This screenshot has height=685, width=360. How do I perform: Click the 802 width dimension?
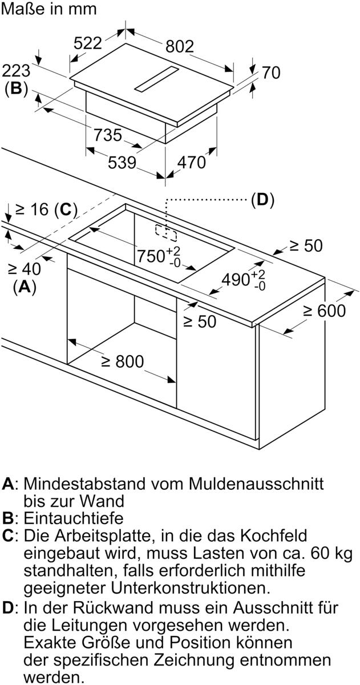tap(180, 46)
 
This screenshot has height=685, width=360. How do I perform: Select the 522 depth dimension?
tap(87, 43)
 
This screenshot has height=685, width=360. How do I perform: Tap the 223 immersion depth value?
tap(16, 71)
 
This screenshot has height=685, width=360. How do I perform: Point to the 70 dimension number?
tap(271, 72)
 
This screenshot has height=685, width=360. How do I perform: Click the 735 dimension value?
tap(108, 135)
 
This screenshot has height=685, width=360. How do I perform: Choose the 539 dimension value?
tap(122, 163)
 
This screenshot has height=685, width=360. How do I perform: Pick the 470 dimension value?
tap(191, 163)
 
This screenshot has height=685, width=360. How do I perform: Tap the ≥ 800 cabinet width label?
tap(122, 362)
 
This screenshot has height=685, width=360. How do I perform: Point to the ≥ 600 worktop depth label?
tap(324, 311)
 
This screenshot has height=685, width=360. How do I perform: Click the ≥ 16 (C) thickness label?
tap(46, 209)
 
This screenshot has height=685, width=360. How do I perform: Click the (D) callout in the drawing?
tap(262, 200)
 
